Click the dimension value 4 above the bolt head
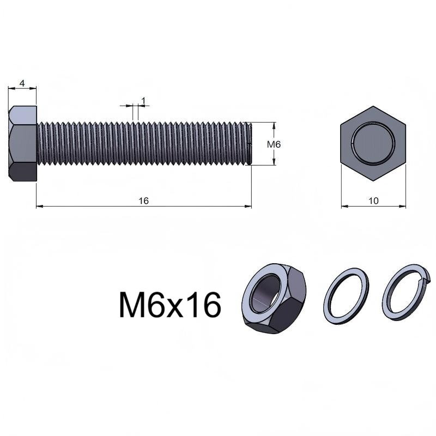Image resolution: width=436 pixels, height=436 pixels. [x=22, y=83]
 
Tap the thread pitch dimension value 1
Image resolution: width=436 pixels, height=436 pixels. [x=143, y=101]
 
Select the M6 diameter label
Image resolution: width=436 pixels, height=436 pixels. [x=274, y=144]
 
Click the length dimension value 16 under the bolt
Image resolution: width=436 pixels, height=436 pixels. [x=144, y=201]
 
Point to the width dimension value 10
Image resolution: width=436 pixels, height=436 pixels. [x=373, y=201]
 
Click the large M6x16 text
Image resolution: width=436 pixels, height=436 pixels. [x=170, y=305]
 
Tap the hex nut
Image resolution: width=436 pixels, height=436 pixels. [x=274, y=298]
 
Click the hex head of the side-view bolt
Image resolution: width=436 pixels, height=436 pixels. [x=22, y=143]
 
